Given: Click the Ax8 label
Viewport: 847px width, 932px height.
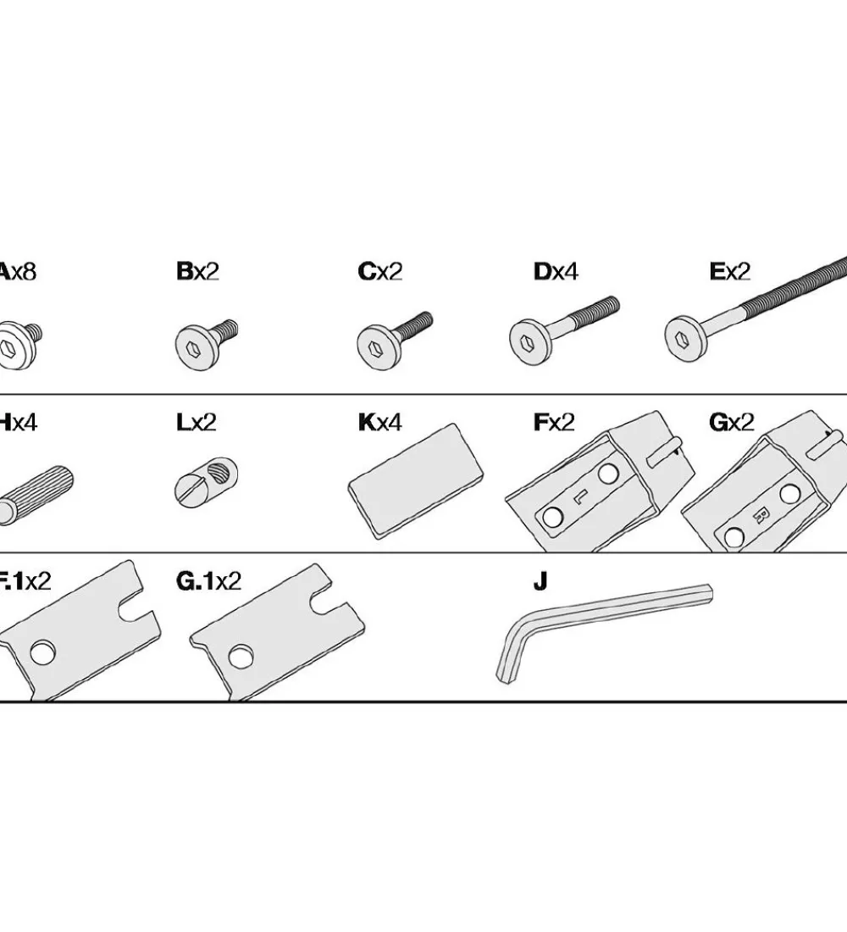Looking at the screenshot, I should tap(17, 272).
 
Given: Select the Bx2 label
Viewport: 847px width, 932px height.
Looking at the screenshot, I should tap(197, 272).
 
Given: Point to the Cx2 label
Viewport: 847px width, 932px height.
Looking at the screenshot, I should tap(379, 272).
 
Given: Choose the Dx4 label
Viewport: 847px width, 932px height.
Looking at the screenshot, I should tap(556, 272).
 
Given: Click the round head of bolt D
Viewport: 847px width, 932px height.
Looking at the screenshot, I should tap(526, 340).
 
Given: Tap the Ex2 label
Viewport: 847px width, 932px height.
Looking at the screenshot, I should tap(730, 272).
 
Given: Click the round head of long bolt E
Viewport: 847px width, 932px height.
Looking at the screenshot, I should tap(683, 337).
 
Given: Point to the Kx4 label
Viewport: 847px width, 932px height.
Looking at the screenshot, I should tap(379, 422).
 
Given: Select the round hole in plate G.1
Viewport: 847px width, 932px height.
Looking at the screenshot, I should tap(241, 655).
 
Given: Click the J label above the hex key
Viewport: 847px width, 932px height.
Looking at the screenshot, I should tap(540, 581).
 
